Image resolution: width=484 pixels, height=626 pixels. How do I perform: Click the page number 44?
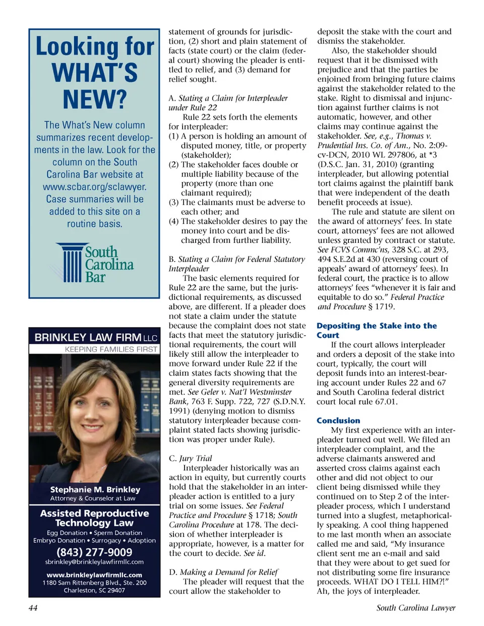point(33,608)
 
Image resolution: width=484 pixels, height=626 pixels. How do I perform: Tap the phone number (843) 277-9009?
point(94,552)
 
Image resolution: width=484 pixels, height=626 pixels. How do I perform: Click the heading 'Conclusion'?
point(338,420)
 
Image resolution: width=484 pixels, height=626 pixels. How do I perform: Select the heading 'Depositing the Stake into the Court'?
point(376,330)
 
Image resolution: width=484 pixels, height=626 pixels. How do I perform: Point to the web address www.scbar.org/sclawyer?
point(95,186)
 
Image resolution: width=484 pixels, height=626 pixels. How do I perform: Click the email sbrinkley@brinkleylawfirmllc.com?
point(94,561)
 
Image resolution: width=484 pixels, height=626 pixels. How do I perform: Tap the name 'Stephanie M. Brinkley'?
point(95,489)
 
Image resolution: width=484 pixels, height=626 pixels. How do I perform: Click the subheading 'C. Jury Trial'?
point(191,458)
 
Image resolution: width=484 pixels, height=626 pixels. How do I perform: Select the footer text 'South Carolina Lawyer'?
point(415,608)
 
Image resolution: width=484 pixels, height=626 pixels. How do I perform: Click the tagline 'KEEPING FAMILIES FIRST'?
point(111,349)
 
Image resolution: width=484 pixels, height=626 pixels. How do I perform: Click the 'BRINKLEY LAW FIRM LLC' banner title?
point(95,337)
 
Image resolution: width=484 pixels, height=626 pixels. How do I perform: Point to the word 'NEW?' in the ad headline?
point(95,99)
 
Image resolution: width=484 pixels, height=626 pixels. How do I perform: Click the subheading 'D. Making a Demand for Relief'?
point(223,572)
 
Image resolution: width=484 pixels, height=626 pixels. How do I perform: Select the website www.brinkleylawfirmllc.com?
point(94,575)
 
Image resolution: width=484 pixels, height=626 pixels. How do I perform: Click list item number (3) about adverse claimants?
point(237,207)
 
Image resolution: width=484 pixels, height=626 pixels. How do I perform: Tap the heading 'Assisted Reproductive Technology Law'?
point(95,518)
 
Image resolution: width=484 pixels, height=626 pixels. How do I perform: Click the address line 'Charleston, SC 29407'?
point(94,590)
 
